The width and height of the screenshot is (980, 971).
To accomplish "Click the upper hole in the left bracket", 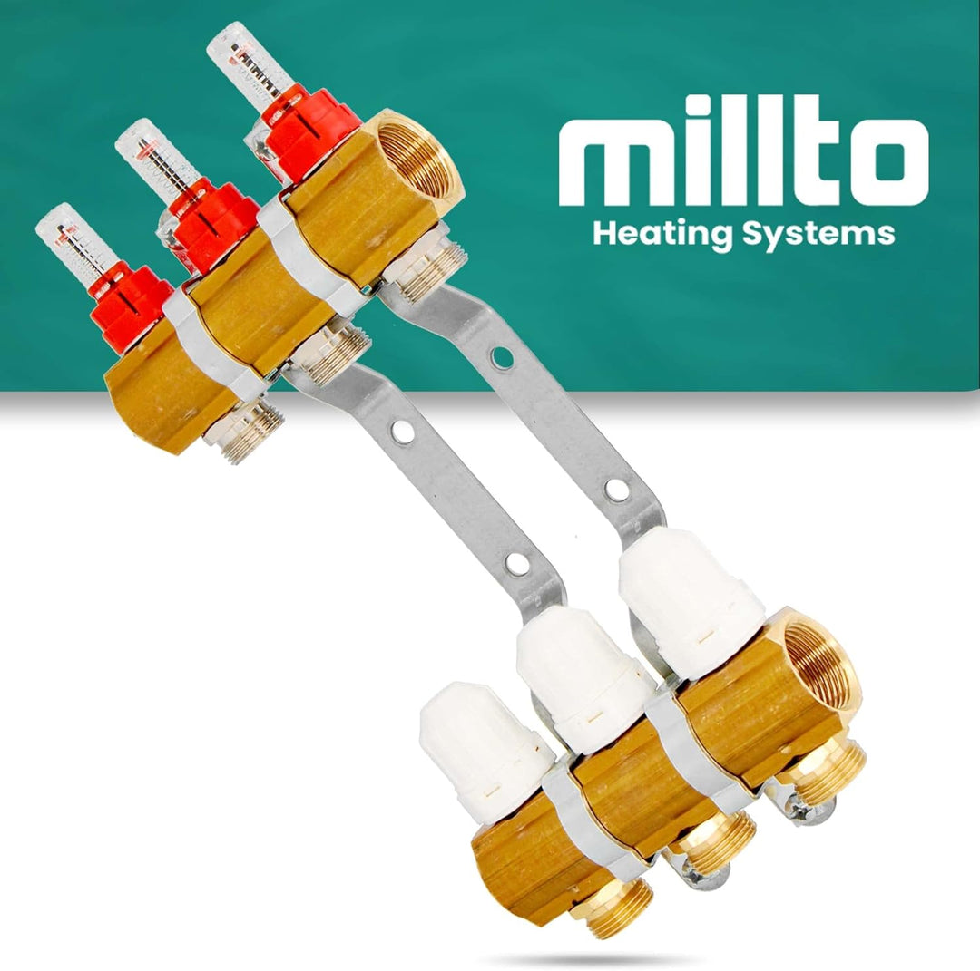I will pyautogui.click(x=404, y=432).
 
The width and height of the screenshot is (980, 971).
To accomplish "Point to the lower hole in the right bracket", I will pyautogui.click(x=617, y=490).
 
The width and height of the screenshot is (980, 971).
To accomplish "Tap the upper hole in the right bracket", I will pyautogui.click(x=501, y=356).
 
